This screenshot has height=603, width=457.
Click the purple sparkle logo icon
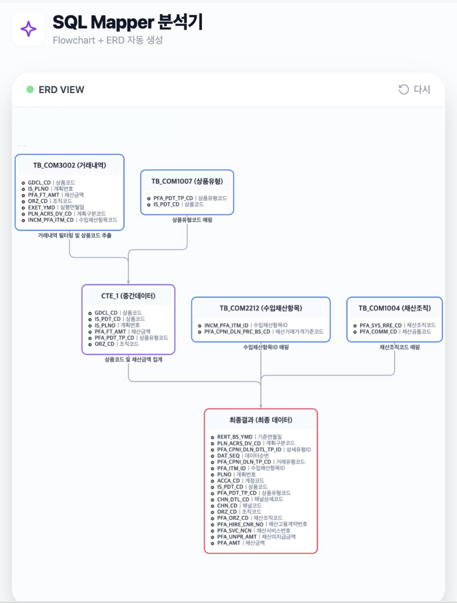(x=28, y=29)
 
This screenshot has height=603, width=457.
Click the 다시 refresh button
(x=414, y=89)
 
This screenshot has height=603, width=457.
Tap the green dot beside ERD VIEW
(x=30, y=89)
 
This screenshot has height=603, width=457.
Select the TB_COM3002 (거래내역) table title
(x=69, y=165)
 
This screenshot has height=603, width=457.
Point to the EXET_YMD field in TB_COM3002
(x=42, y=207)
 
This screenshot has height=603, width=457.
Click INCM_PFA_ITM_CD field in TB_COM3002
(x=51, y=220)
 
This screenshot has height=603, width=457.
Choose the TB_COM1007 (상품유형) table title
(x=187, y=181)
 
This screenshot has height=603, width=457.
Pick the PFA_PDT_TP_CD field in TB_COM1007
(x=173, y=198)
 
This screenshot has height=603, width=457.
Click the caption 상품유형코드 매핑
(x=192, y=220)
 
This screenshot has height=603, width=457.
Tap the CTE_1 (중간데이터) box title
(x=128, y=296)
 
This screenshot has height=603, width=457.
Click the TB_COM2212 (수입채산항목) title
(x=261, y=308)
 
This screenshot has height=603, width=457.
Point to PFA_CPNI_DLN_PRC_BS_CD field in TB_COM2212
(x=237, y=332)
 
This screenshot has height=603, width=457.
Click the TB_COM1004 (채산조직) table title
(x=394, y=308)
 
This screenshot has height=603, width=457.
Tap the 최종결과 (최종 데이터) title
(x=261, y=420)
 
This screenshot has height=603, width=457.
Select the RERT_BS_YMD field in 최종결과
(x=235, y=437)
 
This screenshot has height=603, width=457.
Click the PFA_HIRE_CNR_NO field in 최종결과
(x=240, y=524)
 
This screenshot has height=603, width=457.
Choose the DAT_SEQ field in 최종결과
(x=228, y=456)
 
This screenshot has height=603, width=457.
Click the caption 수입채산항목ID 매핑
(x=266, y=347)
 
